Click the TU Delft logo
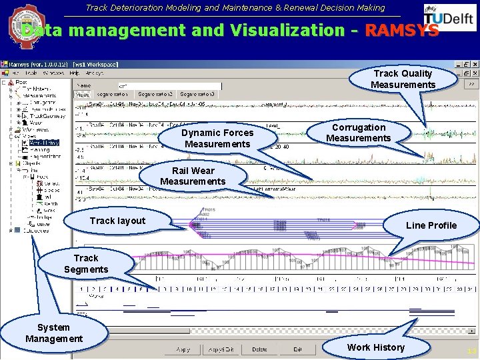click(449, 19)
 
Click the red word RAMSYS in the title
click(402, 31)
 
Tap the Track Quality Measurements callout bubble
click(403, 79)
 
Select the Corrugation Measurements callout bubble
click(359, 133)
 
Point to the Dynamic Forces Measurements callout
click(218, 138)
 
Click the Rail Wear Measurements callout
click(193, 176)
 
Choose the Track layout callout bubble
click(117, 221)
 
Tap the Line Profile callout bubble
click(431, 225)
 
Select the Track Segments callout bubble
click(85, 263)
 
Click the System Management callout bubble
click(53, 333)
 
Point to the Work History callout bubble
click(375, 347)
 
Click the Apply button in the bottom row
click(183, 349)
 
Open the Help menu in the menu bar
click(75, 73)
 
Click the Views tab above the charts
click(82, 95)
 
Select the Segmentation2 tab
click(157, 95)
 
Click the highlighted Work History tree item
click(44, 142)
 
